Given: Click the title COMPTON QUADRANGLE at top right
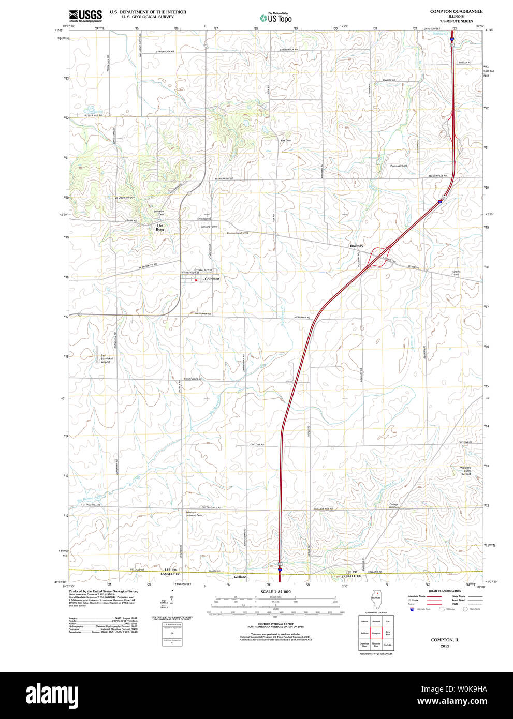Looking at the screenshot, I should (456, 11).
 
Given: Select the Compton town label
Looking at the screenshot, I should (212, 279).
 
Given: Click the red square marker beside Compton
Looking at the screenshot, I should (197, 280).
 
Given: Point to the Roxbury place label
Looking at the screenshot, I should (357, 246).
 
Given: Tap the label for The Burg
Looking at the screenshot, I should (160, 227).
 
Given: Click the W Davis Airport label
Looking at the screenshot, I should (125, 198).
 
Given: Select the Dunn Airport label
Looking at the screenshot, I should (399, 166).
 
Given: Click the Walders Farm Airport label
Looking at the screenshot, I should (466, 471).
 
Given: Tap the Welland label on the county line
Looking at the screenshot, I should (240, 577).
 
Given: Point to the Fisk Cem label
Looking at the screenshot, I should (286, 140).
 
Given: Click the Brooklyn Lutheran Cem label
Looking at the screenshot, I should (194, 514).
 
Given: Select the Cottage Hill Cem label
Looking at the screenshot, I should (394, 505).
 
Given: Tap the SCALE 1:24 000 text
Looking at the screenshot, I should (275, 592).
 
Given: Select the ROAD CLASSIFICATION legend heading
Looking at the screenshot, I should (445, 591).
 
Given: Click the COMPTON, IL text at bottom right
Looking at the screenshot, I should (445, 640).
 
